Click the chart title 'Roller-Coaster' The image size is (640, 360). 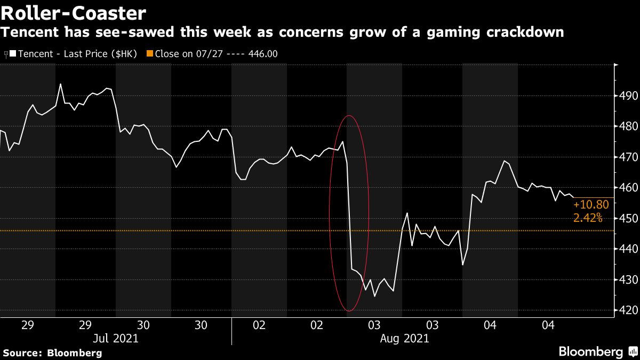click(74, 13)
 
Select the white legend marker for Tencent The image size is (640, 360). click(12, 54)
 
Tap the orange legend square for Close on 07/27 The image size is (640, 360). click(150, 54)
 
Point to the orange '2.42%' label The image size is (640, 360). click(588, 218)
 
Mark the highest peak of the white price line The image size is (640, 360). click(60, 84)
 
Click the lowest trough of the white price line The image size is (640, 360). click(374, 296)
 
